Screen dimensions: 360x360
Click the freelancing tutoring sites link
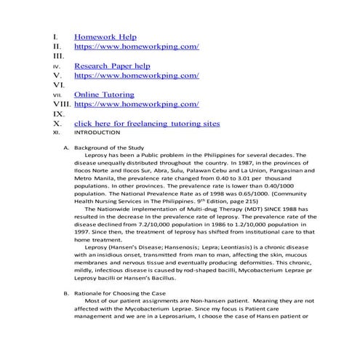click(x=146, y=124)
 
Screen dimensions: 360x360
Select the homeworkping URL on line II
click(x=136, y=46)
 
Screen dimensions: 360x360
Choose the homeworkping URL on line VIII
click(x=136, y=104)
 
